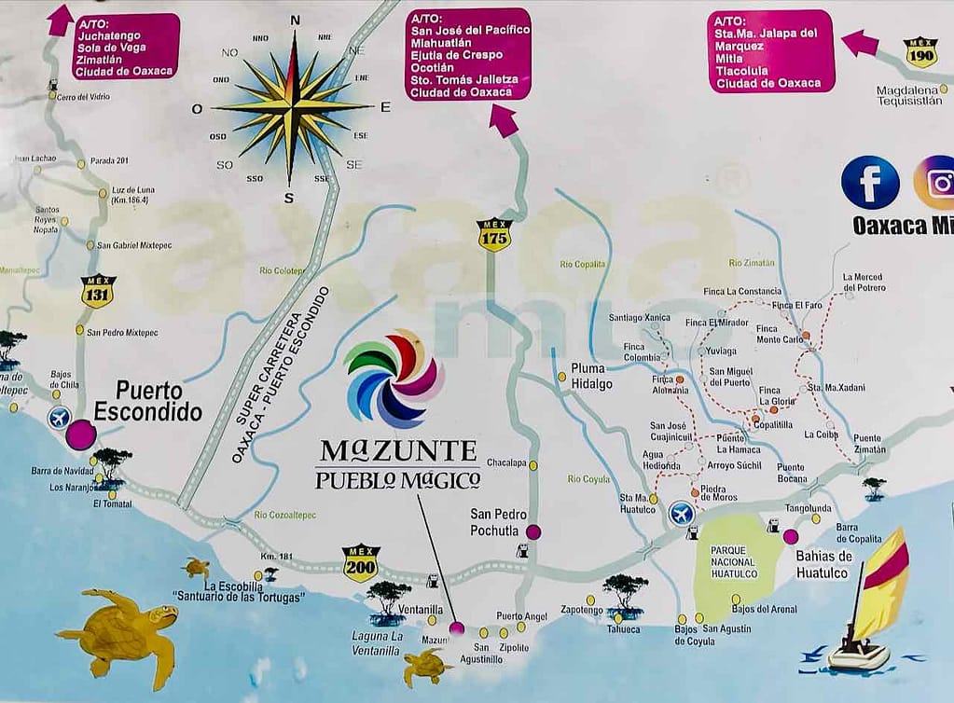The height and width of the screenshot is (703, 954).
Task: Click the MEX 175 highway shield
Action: [x=493, y=235]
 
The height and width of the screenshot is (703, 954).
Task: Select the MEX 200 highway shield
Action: [x=360, y=563]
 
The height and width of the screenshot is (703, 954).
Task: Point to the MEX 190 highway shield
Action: [x=920, y=52]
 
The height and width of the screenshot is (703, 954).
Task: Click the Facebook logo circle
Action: [x=869, y=183]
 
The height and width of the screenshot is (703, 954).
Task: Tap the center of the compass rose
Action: [x=293, y=107]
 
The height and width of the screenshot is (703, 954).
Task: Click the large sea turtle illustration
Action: [x=121, y=631]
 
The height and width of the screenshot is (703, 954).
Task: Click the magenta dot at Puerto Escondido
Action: [x=81, y=434]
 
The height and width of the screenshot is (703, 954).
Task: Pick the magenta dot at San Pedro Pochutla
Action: [x=533, y=532]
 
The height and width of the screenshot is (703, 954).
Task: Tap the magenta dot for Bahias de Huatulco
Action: [x=791, y=536]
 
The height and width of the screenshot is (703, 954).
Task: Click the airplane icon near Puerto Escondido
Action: [x=59, y=417]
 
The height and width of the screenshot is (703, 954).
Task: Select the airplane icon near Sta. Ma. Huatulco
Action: [x=682, y=513]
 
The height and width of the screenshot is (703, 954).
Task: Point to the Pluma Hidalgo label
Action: [x=592, y=376]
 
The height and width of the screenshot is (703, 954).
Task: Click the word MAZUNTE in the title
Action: [x=398, y=451]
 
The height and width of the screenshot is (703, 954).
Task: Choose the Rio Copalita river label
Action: [x=583, y=265]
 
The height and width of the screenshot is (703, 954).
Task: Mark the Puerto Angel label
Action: [x=521, y=616]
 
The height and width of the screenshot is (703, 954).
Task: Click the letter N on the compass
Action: [x=296, y=21]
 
